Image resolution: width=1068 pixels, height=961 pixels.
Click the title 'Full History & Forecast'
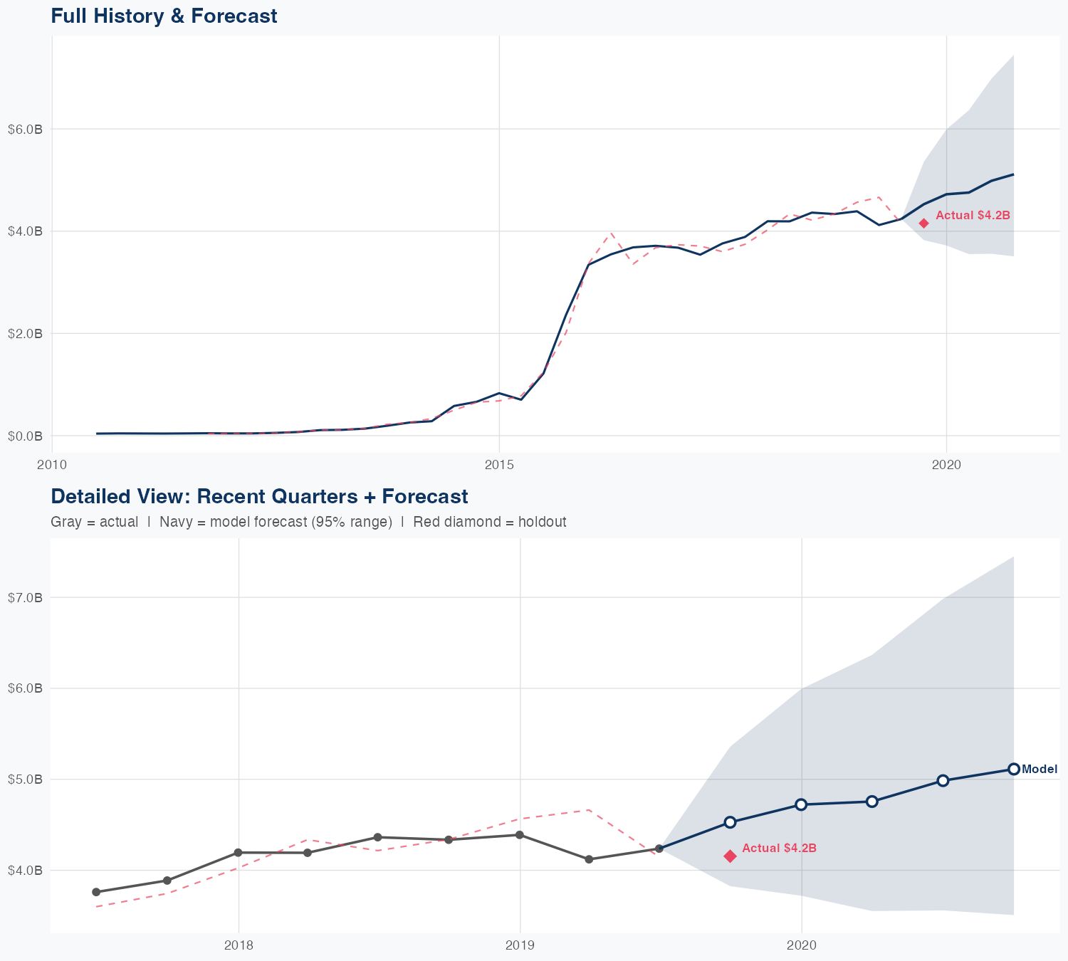tap(164, 16)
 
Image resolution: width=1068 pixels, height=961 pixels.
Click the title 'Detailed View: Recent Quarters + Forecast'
tap(259, 496)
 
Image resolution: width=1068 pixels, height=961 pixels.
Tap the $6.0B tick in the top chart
tap(25, 130)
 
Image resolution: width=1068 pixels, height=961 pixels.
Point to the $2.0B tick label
tap(25, 334)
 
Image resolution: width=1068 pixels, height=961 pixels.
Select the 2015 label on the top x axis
tap(499, 465)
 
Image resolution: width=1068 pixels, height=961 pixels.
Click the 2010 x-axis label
tap(52, 465)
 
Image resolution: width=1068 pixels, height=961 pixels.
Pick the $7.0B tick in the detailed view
tap(25, 598)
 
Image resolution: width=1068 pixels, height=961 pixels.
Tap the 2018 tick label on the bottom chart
tap(239, 945)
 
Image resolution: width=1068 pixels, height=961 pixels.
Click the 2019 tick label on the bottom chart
tap(520, 945)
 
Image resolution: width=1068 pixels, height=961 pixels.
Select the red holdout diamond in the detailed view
tap(730, 856)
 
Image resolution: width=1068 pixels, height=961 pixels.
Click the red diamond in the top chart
tap(923, 224)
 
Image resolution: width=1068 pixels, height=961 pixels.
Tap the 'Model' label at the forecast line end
tap(1040, 770)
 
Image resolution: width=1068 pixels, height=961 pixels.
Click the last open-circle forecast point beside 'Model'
tap(1013, 769)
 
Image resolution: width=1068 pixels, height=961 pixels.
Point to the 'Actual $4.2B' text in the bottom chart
tap(779, 849)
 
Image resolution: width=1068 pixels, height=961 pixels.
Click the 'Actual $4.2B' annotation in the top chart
tap(973, 215)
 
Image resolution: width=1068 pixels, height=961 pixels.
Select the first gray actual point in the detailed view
tap(96, 892)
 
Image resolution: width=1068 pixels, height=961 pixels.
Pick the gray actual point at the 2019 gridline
tap(520, 835)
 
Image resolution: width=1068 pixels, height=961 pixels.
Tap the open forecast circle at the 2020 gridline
tap(801, 804)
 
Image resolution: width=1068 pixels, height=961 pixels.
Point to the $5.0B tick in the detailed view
tap(25, 779)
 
